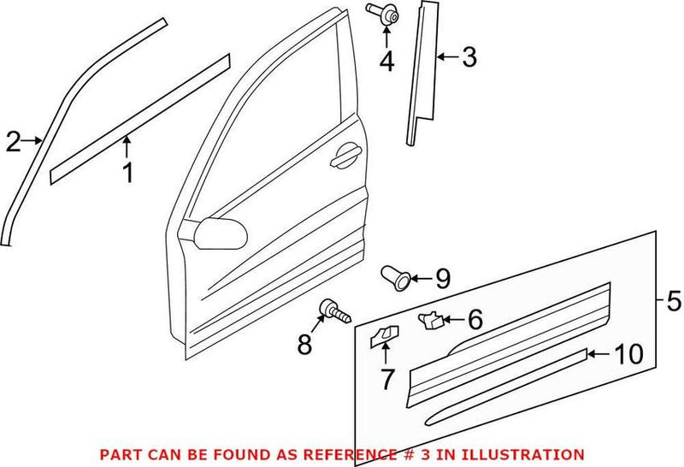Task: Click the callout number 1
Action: (x=127, y=174)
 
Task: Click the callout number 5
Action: (x=673, y=301)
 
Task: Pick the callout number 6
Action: (x=475, y=321)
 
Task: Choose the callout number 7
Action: (x=387, y=378)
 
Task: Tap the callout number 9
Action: (x=441, y=278)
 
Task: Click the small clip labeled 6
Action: (x=429, y=320)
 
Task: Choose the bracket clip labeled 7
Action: (x=384, y=335)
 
